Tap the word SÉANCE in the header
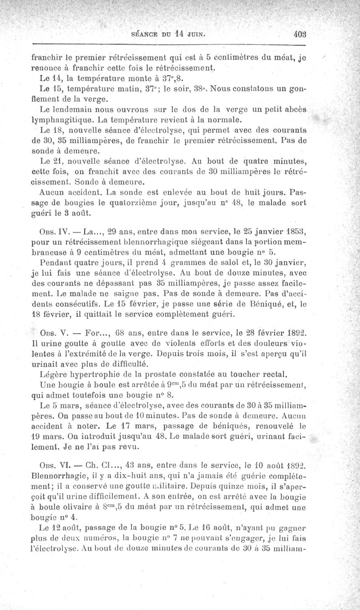pyautogui.click(x=144, y=33)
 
